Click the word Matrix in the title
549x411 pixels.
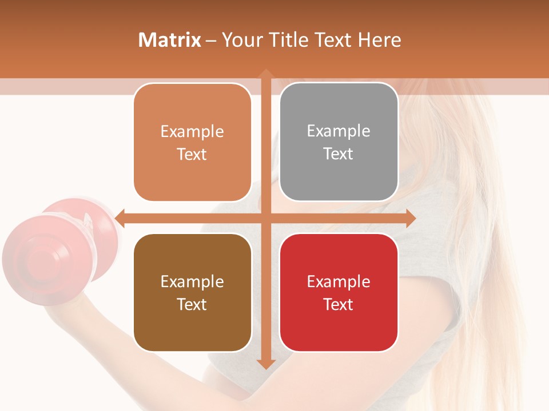coord(170,40)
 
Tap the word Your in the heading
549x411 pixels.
coord(242,40)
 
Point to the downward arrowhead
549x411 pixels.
coord(265,364)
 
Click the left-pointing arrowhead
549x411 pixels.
coord(120,218)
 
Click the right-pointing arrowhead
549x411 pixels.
coord(410,218)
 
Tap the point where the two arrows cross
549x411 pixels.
coord(265,218)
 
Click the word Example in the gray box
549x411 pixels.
coord(339,131)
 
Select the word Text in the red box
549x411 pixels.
coord(339,304)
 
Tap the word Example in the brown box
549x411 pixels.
coord(192,281)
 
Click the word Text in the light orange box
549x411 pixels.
coord(192,154)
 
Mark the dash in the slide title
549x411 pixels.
coord(211,41)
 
